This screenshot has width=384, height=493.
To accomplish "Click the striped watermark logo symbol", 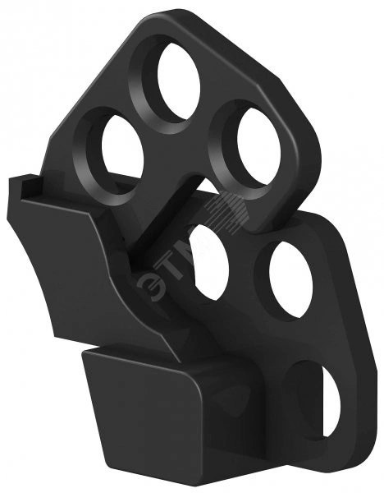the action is (227, 210).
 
